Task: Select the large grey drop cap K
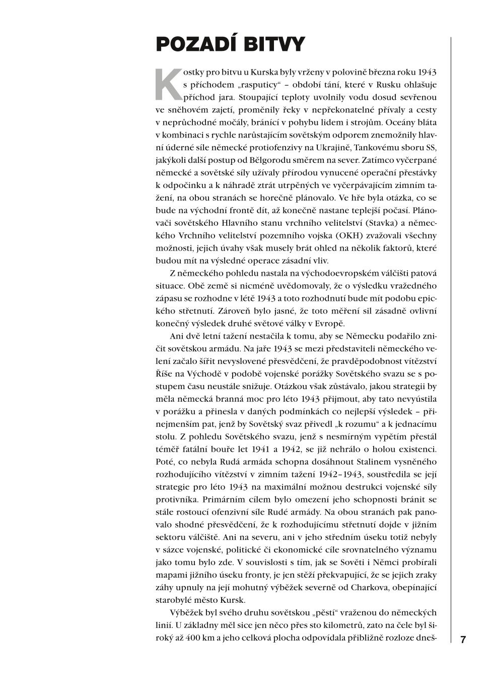click(167, 84)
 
